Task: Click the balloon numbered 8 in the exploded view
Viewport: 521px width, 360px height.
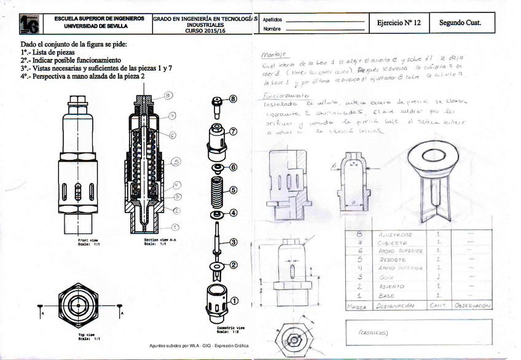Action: point(233,98)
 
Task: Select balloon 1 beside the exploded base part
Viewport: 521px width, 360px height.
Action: point(234,300)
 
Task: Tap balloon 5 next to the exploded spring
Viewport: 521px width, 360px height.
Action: point(233,190)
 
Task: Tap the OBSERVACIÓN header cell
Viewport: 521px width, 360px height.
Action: point(472,305)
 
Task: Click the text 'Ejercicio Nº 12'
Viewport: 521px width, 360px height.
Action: point(399,23)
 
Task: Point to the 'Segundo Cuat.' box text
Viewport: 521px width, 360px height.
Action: point(460,23)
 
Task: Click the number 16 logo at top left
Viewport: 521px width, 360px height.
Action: point(29,24)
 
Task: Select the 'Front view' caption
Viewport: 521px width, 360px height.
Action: point(89,240)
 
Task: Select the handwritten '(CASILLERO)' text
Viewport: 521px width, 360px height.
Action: point(372,332)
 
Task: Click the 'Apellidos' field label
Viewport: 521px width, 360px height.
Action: point(273,19)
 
